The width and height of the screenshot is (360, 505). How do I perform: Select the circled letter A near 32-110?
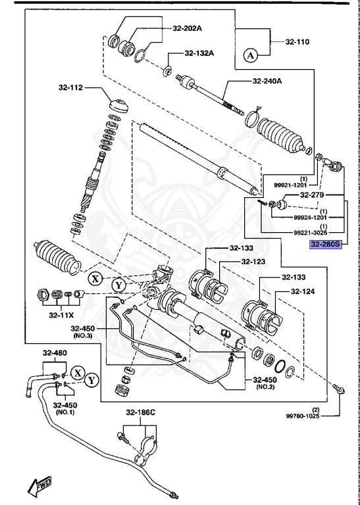(249, 56)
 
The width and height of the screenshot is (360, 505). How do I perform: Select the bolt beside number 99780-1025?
(339, 388)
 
